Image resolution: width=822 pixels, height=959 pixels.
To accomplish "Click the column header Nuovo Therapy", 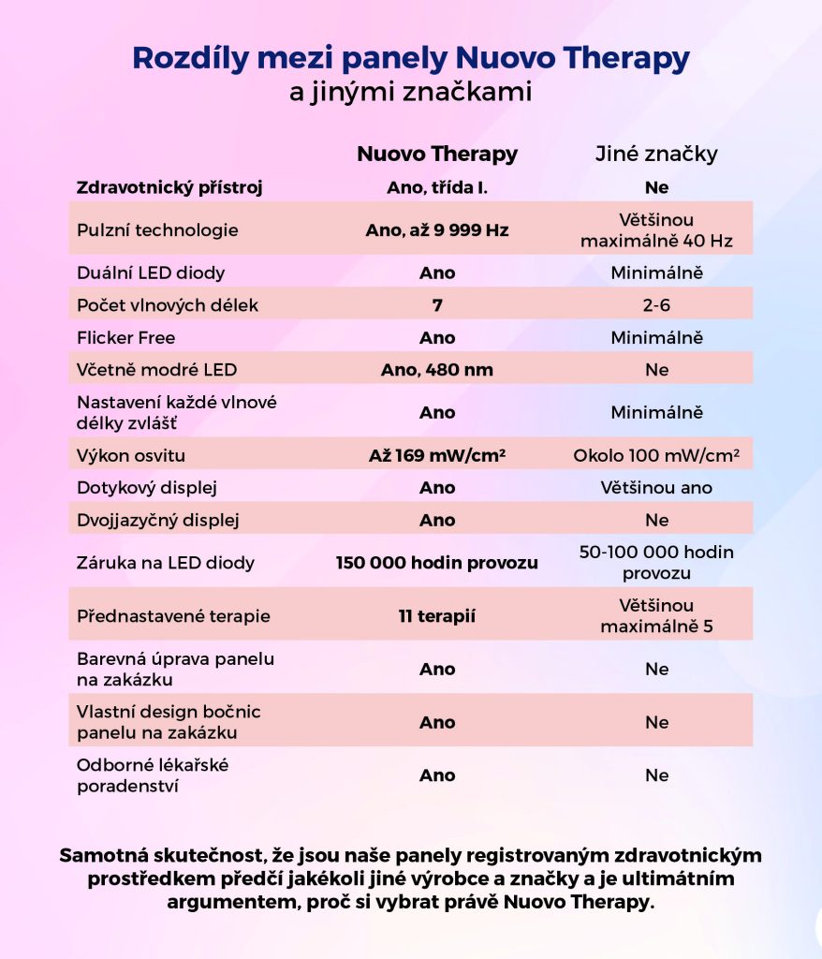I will pyautogui.click(x=437, y=154).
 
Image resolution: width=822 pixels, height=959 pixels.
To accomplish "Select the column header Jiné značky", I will pyautogui.click(x=656, y=154).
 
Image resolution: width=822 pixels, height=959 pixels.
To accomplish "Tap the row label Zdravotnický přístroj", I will pyautogui.click(x=169, y=187).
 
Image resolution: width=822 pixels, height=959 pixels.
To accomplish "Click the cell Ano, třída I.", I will pyautogui.click(x=437, y=187).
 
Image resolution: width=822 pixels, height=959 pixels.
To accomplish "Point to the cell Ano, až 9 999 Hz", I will pyautogui.click(x=437, y=229).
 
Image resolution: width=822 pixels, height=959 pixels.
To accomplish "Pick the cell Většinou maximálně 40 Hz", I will pyautogui.click(x=656, y=229).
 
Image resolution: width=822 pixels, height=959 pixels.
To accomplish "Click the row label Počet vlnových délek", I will pyautogui.click(x=167, y=305).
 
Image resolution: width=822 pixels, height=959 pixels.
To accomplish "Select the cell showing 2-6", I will pyautogui.click(x=656, y=305).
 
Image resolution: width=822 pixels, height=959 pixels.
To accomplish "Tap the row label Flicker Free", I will pyautogui.click(x=125, y=337).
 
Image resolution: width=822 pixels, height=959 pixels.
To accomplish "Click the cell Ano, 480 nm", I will pyautogui.click(x=437, y=370).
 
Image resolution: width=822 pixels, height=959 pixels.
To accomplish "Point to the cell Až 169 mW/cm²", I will pyautogui.click(x=437, y=456).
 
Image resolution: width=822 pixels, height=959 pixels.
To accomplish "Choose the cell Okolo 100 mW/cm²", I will pyautogui.click(x=656, y=456).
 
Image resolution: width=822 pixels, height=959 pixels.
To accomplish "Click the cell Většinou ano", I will pyautogui.click(x=656, y=488).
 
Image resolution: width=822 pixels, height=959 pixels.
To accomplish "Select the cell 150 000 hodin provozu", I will pyautogui.click(x=437, y=563).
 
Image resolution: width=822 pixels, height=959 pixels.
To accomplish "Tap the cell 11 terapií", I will pyautogui.click(x=437, y=616).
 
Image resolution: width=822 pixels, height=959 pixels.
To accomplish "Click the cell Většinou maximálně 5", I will pyautogui.click(x=656, y=616).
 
